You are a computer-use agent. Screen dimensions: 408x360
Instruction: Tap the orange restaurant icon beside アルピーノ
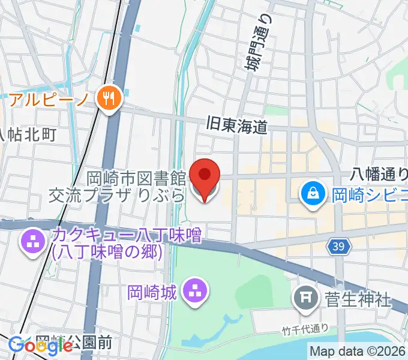[109, 98]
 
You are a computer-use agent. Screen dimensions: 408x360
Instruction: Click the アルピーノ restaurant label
[48, 98]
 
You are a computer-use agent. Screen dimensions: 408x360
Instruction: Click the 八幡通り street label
[379, 174]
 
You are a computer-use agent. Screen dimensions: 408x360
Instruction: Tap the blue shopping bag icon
[314, 193]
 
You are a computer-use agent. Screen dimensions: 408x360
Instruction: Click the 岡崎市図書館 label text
[136, 179]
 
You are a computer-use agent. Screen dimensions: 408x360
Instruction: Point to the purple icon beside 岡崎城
[194, 292]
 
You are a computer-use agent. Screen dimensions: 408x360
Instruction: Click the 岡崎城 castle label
[152, 293]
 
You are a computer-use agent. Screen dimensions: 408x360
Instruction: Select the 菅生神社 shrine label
[358, 298]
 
